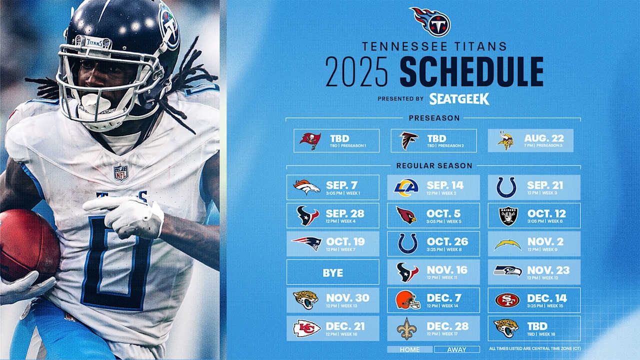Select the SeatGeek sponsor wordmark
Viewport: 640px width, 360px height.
point(459,98)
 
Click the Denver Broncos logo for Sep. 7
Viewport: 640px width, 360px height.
point(306,187)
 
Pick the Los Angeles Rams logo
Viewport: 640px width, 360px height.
point(406,187)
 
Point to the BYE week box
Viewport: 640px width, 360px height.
point(332,272)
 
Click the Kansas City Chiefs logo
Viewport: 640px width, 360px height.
point(306,328)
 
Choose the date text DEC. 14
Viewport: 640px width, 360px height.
point(546,298)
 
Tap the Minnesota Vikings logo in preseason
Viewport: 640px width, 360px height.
point(505,140)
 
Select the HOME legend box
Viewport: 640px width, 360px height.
point(409,349)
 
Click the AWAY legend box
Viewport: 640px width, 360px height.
point(456,349)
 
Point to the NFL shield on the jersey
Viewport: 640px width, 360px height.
point(120,172)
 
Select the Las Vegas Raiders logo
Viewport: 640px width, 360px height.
point(508,216)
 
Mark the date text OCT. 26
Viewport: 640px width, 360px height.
point(447,241)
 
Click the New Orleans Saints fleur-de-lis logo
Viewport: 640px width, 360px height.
point(406,328)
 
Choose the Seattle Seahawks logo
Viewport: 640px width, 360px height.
point(507,271)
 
